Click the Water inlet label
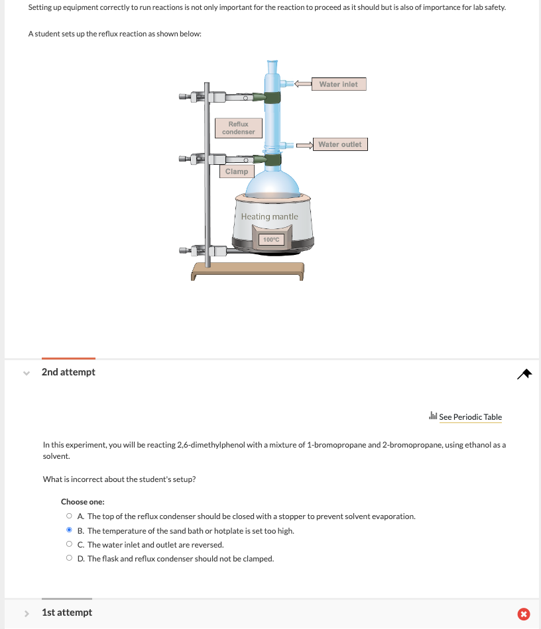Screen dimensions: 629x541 point(338,84)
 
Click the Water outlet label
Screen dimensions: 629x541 point(340,144)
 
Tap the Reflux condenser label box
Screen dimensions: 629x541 point(239,128)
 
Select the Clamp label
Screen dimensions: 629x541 point(236,171)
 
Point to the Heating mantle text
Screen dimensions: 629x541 point(270,217)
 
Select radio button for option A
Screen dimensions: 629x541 point(69,516)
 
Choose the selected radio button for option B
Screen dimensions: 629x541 point(69,530)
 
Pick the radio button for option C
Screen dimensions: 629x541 point(69,544)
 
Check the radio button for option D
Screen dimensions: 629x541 point(69,559)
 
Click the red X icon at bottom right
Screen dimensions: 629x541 point(523,614)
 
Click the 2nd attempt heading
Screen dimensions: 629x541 point(68,372)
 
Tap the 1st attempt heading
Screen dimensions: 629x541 point(67,612)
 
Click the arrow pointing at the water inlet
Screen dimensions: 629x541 point(303,84)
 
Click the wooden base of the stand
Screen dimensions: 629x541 point(247,269)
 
